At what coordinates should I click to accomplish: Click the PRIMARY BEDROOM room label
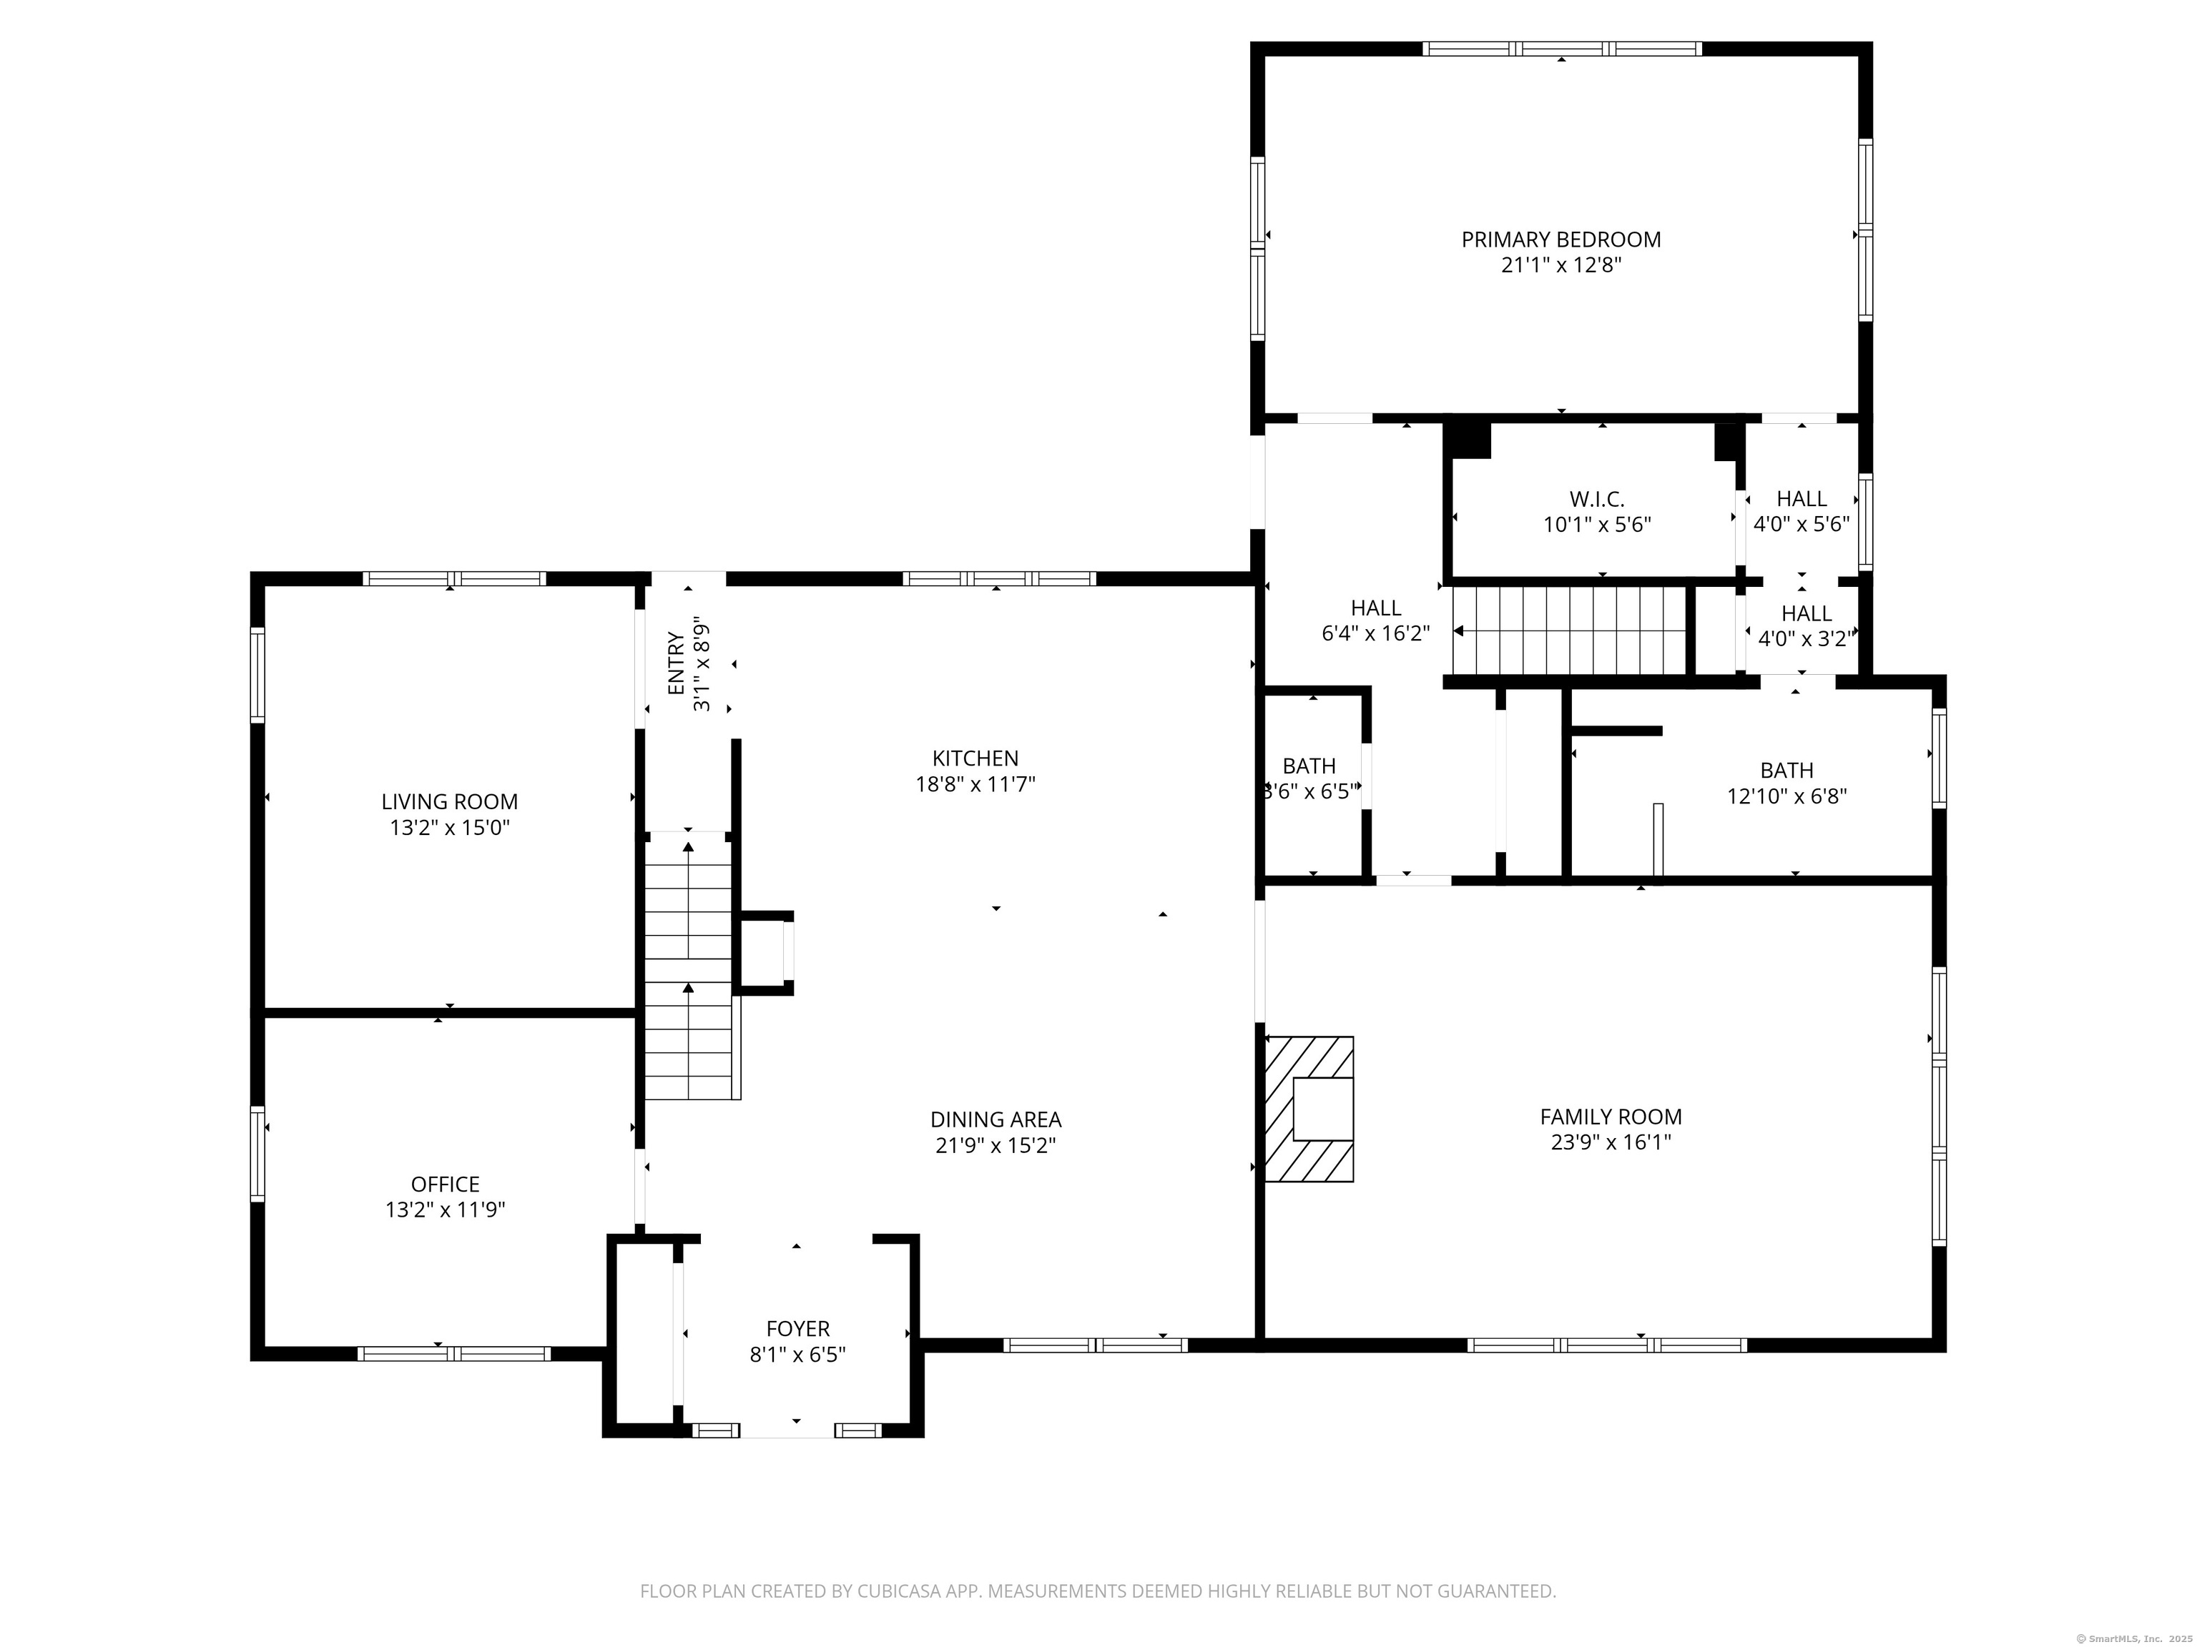pos(1560,239)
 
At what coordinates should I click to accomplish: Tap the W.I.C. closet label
pos(1597,500)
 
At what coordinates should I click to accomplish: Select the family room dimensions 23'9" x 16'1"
pos(1611,1142)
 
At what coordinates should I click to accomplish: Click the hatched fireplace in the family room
pos(1308,1109)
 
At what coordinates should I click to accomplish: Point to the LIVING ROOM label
pos(450,802)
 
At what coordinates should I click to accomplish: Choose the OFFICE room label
pos(445,1184)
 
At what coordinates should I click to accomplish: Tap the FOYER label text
pos(797,1328)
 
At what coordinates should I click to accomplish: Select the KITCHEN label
pos(975,758)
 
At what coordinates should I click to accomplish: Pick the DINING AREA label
pos(996,1120)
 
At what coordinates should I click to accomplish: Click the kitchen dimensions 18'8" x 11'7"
pos(975,784)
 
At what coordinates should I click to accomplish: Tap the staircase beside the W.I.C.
pos(1569,631)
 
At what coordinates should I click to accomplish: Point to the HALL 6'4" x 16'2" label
pos(1375,620)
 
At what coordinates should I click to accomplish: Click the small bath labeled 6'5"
pos(1309,779)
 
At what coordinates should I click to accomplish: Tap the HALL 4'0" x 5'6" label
pos(1802,511)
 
